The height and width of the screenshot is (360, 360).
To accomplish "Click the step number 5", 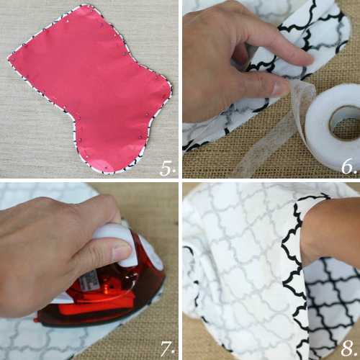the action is (x=167, y=168).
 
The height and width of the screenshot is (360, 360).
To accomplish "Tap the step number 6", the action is (x=348, y=166).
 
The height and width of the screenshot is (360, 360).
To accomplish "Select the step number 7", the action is (x=167, y=348).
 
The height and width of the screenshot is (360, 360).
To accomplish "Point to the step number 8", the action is (x=348, y=348).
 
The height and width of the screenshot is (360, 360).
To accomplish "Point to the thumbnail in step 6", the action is (x=282, y=89).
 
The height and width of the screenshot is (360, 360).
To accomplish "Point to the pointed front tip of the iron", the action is (x=36, y=320).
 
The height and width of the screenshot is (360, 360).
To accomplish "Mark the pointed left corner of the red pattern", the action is (x=9, y=58).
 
